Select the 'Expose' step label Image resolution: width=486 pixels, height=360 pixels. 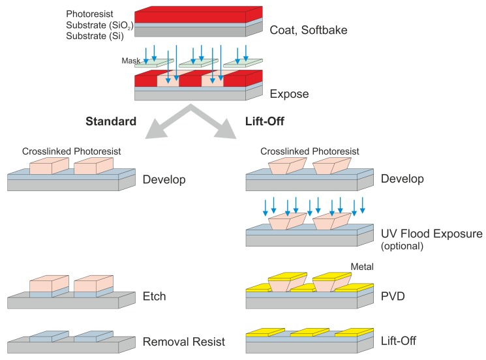(x=290, y=94)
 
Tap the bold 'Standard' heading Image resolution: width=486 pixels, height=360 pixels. (x=111, y=121)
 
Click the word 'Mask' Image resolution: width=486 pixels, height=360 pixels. (x=131, y=61)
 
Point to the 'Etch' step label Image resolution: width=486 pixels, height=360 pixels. (x=154, y=296)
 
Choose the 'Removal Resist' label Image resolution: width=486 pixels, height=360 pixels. (x=184, y=341)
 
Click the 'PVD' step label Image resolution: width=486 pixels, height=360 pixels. (x=393, y=296)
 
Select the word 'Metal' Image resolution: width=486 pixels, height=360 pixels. (x=362, y=267)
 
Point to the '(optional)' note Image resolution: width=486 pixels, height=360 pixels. (x=402, y=246)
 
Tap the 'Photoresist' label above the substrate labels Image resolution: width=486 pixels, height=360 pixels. (x=90, y=14)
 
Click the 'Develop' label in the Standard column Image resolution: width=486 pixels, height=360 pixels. (x=164, y=179)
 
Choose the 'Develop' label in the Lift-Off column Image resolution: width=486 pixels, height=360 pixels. (x=402, y=179)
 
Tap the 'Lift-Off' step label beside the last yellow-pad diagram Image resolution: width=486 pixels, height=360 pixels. (x=398, y=340)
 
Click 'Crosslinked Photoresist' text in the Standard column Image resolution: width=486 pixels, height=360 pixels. (x=72, y=152)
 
